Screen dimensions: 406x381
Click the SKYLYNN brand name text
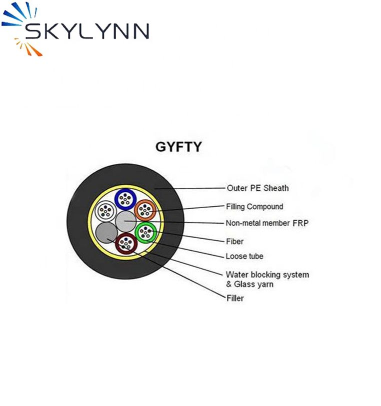click(x=88, y=31)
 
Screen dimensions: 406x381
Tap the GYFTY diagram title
click(x=178, y=147)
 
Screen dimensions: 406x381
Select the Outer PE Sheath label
click(x=257, y=188)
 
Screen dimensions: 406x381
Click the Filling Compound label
click(x=254, y=206)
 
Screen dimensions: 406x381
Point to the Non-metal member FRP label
click(x=267, y=223)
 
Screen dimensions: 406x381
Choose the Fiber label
click(x=235, y=241)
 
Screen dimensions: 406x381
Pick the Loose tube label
click(x=244, y=256)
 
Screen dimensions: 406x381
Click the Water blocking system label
click(x=267, y=274)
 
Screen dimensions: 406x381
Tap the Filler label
click(x=235, y=298)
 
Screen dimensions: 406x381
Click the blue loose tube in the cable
click(x=125, y=199)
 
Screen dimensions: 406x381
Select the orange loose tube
click(x=145, y=210)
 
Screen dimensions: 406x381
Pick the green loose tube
click(x=145, y=231)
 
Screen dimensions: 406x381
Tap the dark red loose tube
click(x=125, y=243)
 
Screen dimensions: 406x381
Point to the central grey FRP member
click(x=125, y=221)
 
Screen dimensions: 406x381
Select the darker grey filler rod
click(x=106, y=232)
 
